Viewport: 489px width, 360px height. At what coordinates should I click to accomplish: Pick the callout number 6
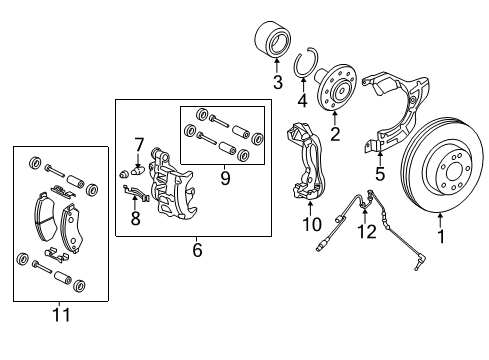coord(197,250)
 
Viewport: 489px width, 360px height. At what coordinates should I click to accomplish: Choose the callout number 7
coord(140,144)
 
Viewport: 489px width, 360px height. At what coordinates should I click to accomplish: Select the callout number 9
coord(224,179)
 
